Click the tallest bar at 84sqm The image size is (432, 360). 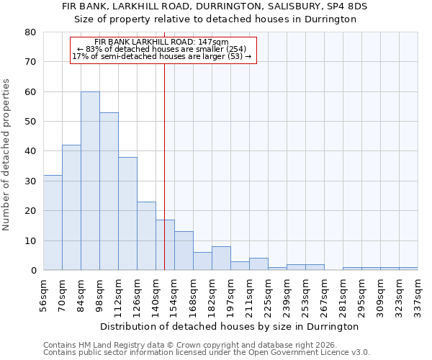[90, 181]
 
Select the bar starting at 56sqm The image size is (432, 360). [53, 222]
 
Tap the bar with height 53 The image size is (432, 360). [109, 192]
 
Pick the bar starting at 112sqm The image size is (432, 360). [127, 214]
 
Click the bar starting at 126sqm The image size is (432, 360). [146, 236]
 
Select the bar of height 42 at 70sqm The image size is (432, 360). [71, 207]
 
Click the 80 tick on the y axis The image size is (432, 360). [30, 32]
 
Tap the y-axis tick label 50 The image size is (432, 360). [30, 122]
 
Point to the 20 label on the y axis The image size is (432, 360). [30, 211]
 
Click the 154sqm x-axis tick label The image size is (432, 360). [174, 294]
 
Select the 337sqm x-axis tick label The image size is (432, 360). [418, 294]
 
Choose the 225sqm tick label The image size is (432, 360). [268, 294]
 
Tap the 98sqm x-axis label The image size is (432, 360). [99, 294]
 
